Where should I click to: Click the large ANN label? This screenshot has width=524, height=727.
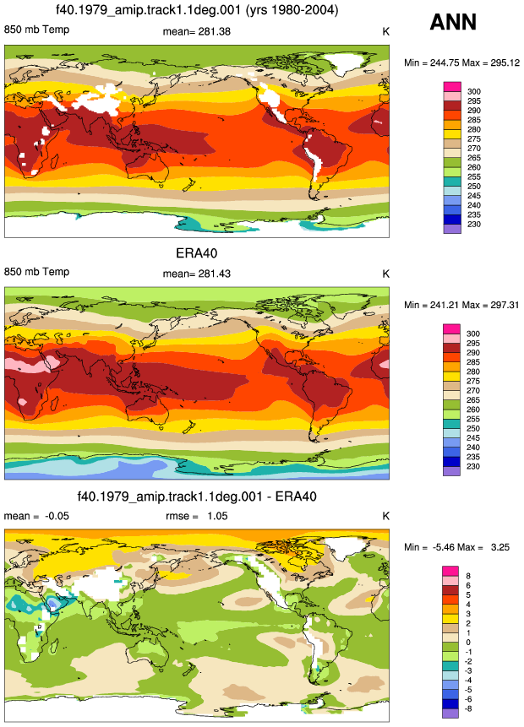[x=453, y=22]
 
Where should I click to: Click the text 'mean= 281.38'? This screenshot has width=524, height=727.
[x=196, y=31]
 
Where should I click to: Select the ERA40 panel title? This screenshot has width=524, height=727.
[x=196, y=253]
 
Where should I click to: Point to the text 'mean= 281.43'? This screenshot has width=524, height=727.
[x=196, y=274]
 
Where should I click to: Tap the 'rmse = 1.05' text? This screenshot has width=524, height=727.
[x=196, y=516]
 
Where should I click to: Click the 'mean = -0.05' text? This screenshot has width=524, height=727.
[x=36, y=516]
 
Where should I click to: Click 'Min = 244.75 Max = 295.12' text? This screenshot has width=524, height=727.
[x=461, y=62]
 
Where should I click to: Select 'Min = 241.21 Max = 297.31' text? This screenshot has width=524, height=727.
[x=461, y=305]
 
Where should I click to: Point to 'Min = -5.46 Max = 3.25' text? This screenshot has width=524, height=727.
[x=456, y=547]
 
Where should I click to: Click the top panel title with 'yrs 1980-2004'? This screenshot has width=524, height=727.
[x=197, y=10]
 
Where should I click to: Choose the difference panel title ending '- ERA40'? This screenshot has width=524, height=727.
[x=197, y=496]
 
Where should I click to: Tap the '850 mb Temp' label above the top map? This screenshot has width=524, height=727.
[x=36, y=30]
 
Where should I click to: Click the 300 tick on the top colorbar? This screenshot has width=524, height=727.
[x=474, y=91]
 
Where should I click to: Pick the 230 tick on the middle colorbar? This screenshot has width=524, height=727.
[x=473, y=466]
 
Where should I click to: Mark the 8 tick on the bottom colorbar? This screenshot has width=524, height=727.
[x=468, y=576]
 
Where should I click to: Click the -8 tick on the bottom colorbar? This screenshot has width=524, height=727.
[x=468, y=708]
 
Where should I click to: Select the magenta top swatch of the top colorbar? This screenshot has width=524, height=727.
[x=452, y=87]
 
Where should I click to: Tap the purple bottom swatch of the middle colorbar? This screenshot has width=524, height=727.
[x=452, y=471]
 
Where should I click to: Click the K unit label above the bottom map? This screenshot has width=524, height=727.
[x=385, y=516]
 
